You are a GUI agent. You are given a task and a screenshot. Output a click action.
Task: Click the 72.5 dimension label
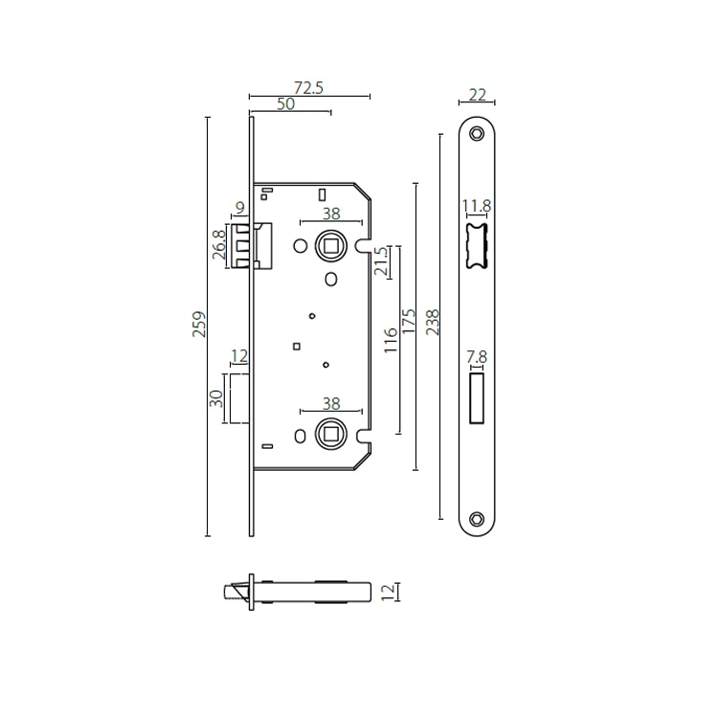click(x=308, y=87)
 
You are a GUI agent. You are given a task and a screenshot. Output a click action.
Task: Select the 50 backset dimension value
click(x=285, y=105)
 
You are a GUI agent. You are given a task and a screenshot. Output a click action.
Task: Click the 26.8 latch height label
click(x=219, y=245)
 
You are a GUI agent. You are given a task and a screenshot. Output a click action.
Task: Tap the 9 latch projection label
click(x=239, y=208)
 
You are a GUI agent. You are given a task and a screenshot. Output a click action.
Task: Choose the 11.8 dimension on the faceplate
click(x=476, y=205)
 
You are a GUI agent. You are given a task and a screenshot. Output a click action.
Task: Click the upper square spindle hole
click(x=330, y=246)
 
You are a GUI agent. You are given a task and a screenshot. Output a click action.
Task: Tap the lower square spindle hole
click(x=330, y=434)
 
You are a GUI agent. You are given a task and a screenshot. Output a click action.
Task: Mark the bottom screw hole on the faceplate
click(x=477, y=520)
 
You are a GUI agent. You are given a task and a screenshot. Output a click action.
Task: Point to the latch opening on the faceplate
click(x=476, y=245)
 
